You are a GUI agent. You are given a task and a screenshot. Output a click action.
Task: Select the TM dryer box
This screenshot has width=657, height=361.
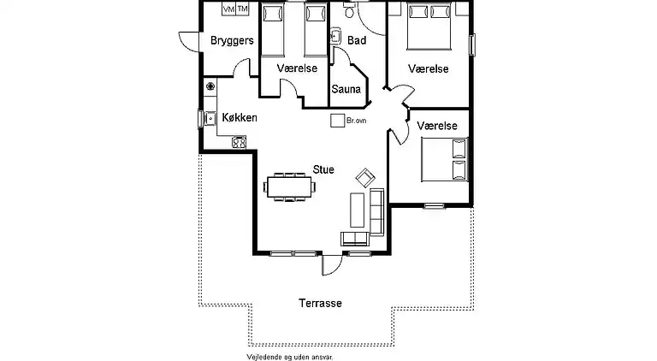point(243,9)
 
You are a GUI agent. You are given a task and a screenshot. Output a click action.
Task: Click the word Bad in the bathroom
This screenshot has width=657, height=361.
point(356,40)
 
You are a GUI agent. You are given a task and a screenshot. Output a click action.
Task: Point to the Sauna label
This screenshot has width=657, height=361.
point(346,90)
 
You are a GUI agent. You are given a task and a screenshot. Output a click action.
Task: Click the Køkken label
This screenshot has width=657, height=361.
point(239,118)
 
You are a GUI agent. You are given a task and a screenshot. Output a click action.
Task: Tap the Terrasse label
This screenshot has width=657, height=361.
point(320,303)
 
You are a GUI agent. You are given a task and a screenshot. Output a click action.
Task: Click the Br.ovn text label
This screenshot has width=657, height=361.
point(357,121)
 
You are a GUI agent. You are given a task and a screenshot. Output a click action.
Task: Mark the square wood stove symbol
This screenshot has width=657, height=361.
point(337,120)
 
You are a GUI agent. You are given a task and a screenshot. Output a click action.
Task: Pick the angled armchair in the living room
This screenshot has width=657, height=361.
point(365,178)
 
